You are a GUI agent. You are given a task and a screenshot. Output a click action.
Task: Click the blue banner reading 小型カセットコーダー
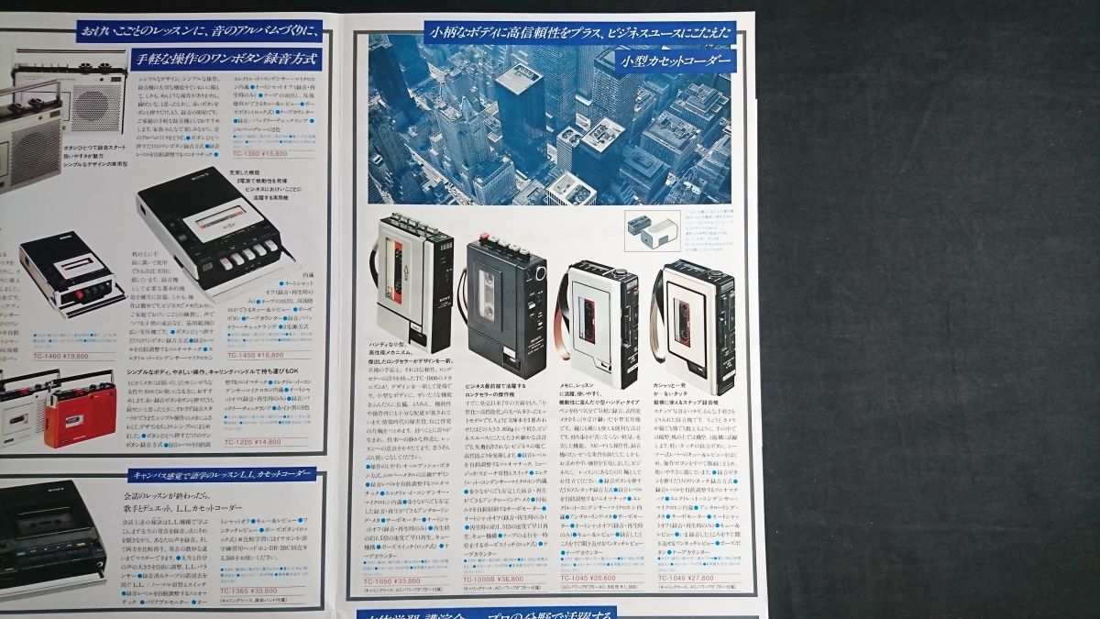pyautogui.click(x=674, y=61)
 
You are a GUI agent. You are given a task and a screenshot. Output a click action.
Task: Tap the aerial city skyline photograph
pyautogui.click(x=549, y=119)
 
